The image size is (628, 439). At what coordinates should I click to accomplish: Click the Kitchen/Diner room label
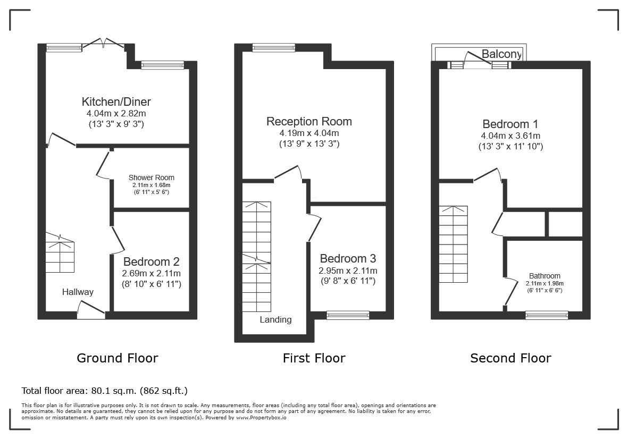pos(116,102)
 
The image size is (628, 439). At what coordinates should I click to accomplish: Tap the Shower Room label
pos(152,178)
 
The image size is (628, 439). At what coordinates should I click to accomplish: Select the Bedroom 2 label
pos(152,261)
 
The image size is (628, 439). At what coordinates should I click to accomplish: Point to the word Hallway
pos(78,292)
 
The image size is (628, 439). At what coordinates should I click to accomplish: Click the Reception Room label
pos(309,121)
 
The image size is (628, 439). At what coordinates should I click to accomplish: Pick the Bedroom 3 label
pos(348,258)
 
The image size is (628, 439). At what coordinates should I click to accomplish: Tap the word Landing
pos(275,320)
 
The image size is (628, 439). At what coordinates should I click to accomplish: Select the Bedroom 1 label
pos(510,124)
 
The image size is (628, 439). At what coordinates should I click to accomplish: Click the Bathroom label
pos(545,276)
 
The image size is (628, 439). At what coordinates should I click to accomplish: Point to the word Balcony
pos(501,54)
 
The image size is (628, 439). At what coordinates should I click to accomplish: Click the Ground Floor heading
pos(118,358)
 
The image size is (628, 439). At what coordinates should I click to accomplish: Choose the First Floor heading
pos(314,358)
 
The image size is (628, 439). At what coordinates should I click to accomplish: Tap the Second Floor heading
pos(510,358)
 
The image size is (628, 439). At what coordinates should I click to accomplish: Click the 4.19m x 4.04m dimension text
pos(309,133)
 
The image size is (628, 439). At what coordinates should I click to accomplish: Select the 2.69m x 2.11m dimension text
pos(152,274)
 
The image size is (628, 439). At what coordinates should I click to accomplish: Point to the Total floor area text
pos(105,391)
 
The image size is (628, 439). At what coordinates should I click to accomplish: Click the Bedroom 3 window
pos(348,315)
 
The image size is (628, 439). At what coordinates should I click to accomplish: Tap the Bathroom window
pos(547,315)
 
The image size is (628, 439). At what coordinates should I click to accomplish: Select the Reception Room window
pos(274,48)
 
